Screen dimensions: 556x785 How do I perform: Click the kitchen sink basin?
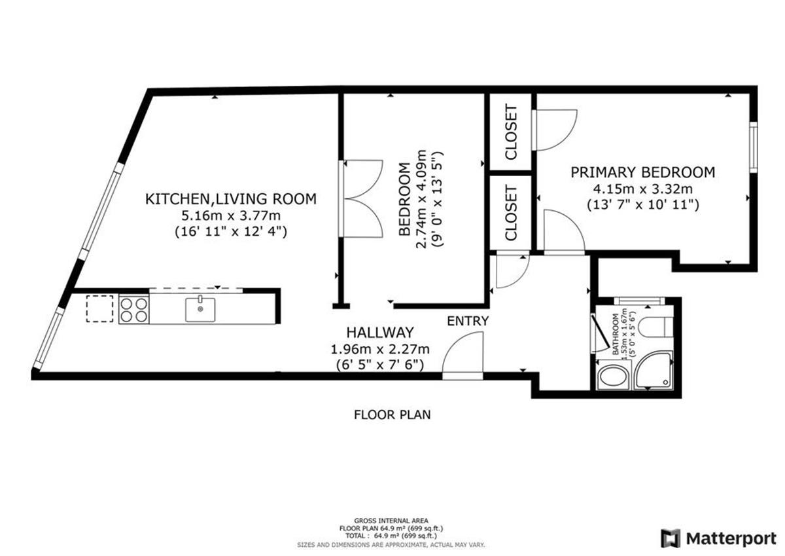tap(200, 308)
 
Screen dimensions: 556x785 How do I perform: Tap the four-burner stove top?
tap(133, 309)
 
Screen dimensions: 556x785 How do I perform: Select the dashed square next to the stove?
tap(99, 308)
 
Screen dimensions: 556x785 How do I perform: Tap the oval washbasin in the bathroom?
tap(614, 378)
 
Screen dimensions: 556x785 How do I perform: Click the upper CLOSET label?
tap(512, 132)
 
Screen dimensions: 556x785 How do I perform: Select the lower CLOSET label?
tap(512, 213)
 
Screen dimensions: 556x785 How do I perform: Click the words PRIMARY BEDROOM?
tap(642, 172)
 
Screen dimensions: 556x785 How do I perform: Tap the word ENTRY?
tap(468, 321)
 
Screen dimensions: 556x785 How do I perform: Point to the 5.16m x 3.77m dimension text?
tap(230, 215)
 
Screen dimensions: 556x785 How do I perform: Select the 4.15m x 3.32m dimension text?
tap(642, 189)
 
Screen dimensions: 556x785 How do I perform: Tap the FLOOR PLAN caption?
tap(392, 415)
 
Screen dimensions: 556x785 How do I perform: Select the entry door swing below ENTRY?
tap(463, 354)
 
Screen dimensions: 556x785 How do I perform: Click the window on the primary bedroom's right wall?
tap(753, 147)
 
